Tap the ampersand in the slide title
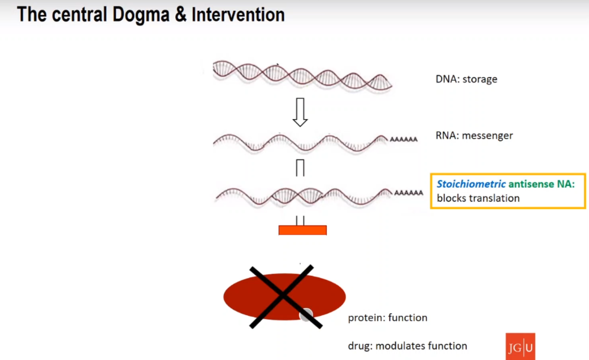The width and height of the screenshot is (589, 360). click(180, 15)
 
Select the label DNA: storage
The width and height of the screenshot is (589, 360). click(466, 79)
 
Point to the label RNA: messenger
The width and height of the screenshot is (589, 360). click(474, 136)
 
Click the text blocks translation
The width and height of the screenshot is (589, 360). click(478, 198)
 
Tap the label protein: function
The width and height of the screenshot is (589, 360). click(388, 318)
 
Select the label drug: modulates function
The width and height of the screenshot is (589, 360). click(408, 346)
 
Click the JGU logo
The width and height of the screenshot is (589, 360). click(519, 346)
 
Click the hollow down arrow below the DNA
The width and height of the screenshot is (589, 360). click(300, 112)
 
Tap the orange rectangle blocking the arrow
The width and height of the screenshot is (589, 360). click(302, 230)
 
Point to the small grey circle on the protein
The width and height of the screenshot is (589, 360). click(306, 315)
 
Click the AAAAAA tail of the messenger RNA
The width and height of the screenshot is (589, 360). click(404, 139)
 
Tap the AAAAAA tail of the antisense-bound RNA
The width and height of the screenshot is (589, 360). click(409, 193)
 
